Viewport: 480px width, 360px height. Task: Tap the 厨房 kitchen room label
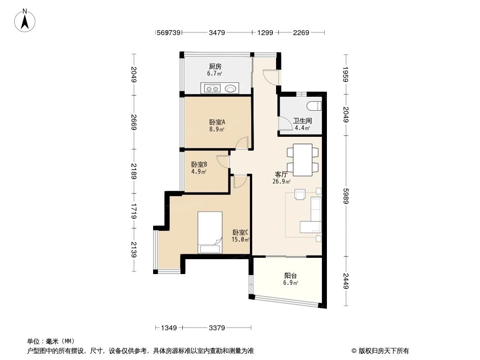(x=215, y=67)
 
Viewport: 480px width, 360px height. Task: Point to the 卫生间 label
(x=302, y=121)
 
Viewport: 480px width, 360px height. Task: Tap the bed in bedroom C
(x=210, y=232)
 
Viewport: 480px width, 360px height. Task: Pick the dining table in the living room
(x=302, y=160)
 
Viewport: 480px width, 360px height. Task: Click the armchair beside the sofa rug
(x=300, y=194)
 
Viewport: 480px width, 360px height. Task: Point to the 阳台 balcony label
(x=290, y=276)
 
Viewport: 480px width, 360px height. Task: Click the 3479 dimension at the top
(x=217, y=32)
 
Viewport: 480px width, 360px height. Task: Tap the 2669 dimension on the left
(x=133, y=122)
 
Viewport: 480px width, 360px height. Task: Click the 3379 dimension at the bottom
(x=217, y=328)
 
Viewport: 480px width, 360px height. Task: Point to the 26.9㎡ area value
(x=281, y=182)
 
